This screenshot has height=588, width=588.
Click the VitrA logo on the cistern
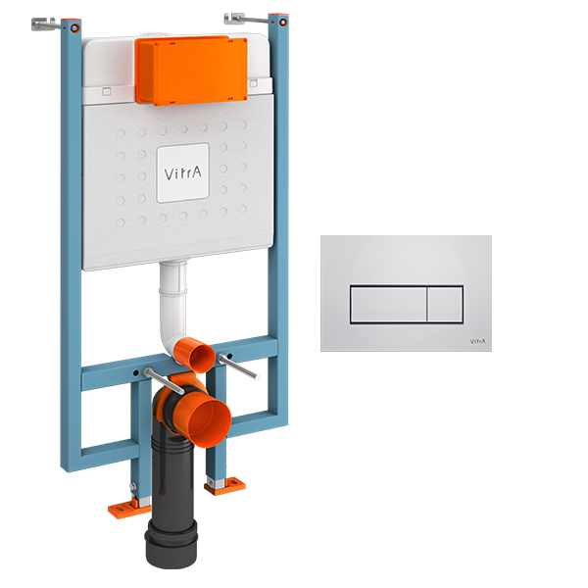pyautogui.click(x=183, y=172)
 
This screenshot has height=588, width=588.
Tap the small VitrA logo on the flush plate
pyautogui.click(x=478, y=341)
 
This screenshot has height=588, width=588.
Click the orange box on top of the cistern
pyautogui.click(x=191, y=71)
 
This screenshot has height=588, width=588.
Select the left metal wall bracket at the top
pyautogui.click(x=45, y=24)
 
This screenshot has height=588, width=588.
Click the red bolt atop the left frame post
pyautogui.click(x=75, y=27)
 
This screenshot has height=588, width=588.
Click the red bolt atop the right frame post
pyautogui.click(x=283, y=23)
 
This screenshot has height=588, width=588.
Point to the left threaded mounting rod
pyautogui.click(x=164, y=380)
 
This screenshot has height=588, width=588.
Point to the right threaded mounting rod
pyautogui.click(x=238, y=367)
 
